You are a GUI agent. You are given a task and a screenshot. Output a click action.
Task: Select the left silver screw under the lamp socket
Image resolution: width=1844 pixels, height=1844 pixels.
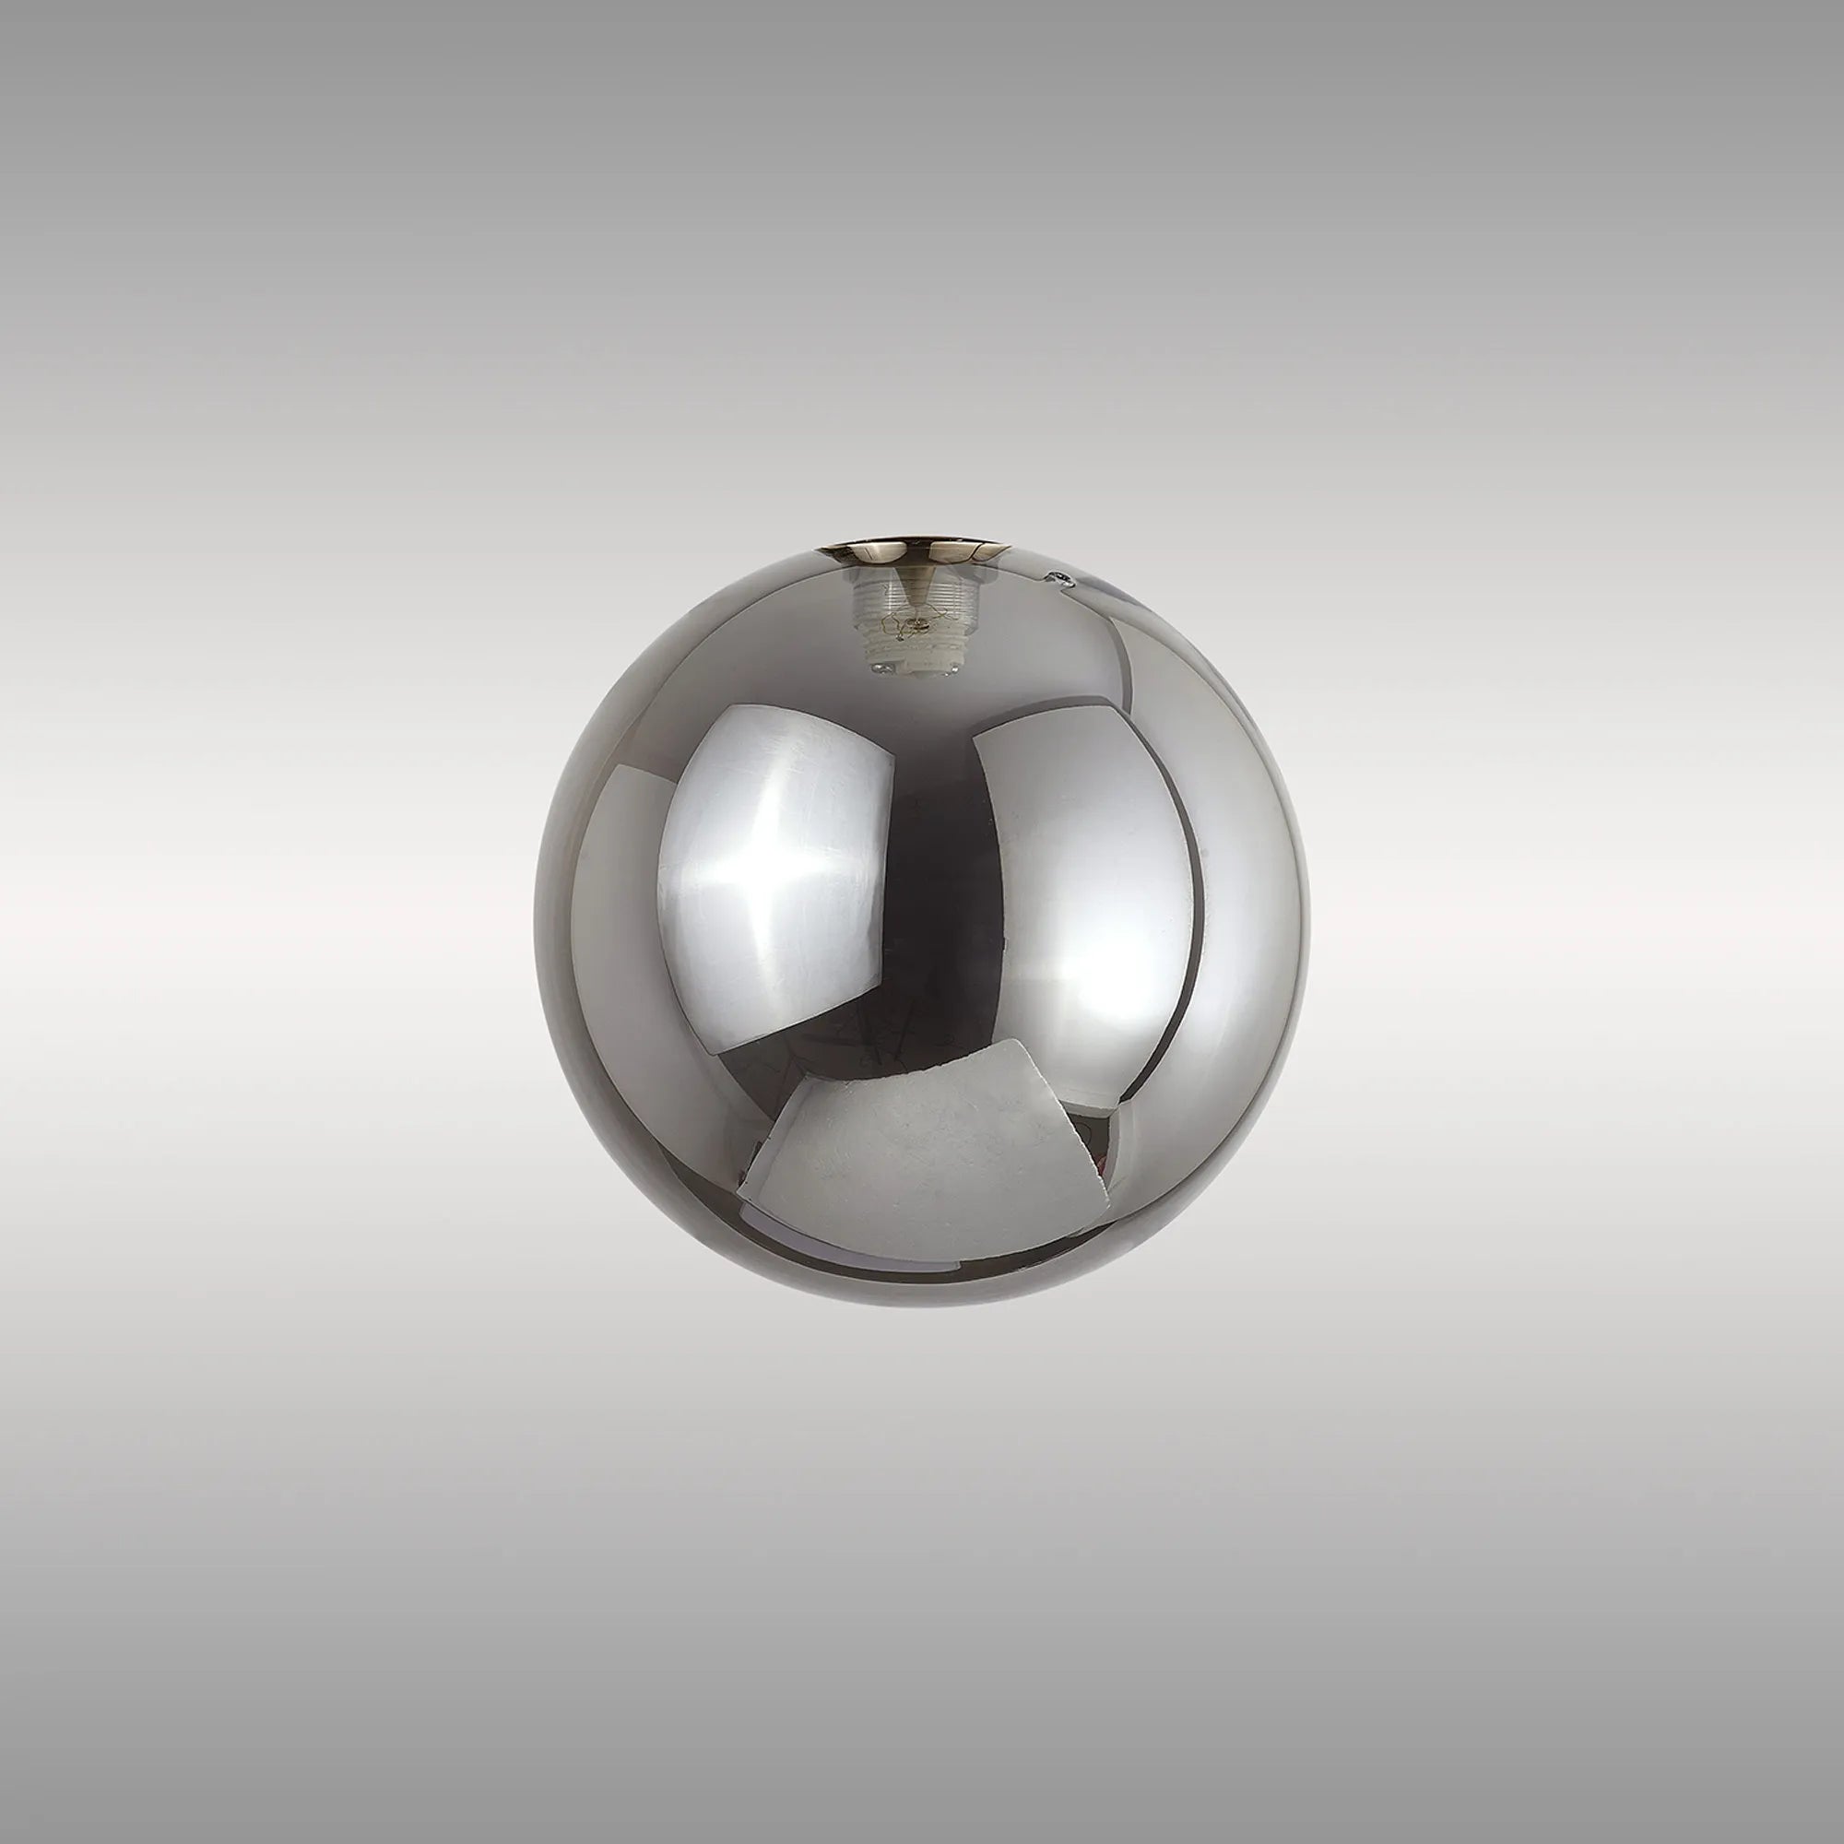pyautogui.click(x=882, y=668)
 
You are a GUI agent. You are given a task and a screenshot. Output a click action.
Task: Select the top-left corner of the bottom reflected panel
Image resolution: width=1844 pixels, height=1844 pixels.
pyautogui.click(x=808, y=1077)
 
